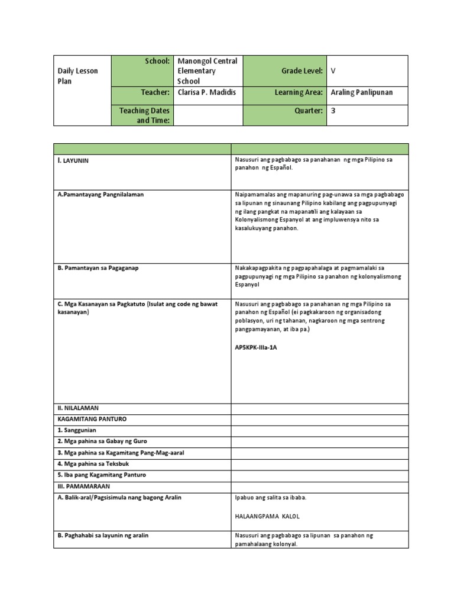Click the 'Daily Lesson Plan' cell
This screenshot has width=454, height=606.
click(x=77, y=76)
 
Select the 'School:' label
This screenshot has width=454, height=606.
click(x=158, y=61)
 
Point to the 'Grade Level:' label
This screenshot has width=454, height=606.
click(x=302, y=71)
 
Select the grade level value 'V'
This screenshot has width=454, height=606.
click(x=333, y=71)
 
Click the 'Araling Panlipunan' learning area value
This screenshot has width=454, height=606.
click(x=362, y=92)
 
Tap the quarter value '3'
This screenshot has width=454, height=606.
click(x=333, y=111)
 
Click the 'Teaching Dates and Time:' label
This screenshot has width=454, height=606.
click(x=144, y=115)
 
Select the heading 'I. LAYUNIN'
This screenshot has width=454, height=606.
click(x=73, y=160)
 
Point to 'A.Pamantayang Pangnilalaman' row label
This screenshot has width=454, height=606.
click(x=100, y=194)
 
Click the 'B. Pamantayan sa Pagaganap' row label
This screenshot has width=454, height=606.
click(x=98, y=268)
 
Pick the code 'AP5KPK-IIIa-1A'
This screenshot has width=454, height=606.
click(x=256, y=347)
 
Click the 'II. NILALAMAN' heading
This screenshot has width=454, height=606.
click(x=78, y=408)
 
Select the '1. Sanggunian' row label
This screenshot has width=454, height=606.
click(x=77, y=430)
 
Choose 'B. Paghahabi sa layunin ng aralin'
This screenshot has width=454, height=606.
click(x=103, y=536)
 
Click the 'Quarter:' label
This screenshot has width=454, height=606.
click(x=307, y=111)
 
